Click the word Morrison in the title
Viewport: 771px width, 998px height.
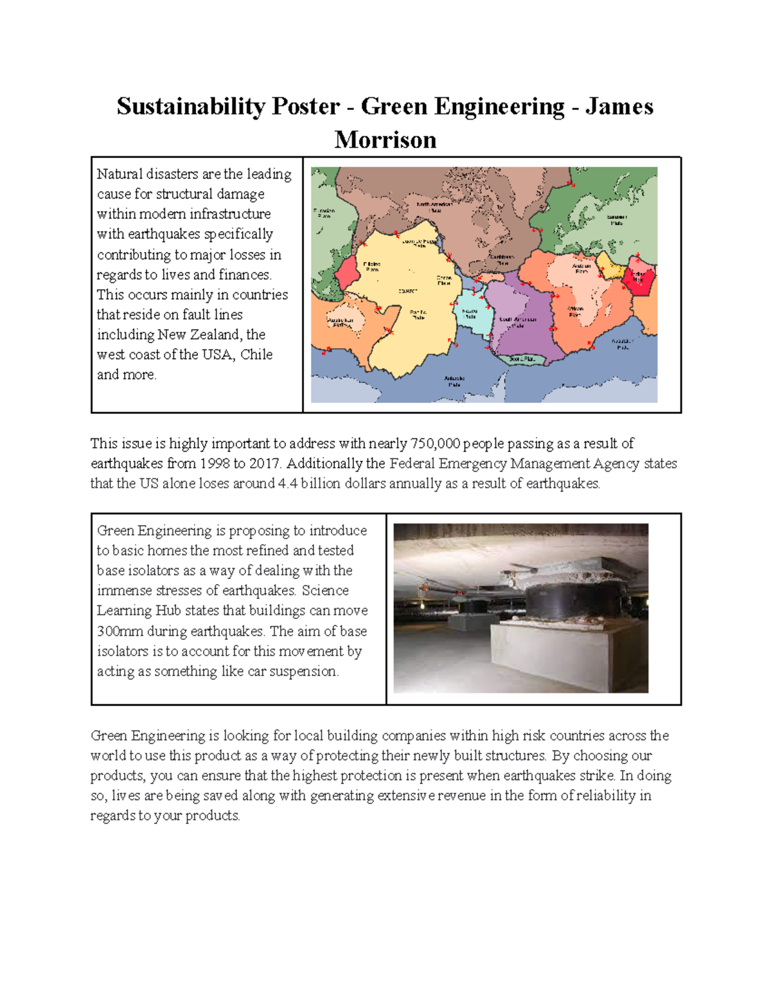[385, 139]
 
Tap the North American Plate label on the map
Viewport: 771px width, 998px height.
[434, 207]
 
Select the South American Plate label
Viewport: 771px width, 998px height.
[518, 322]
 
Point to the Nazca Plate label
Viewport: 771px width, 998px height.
[470, 314]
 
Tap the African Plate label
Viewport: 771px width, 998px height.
[575, 312]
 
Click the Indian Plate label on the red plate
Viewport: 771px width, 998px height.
[637, 277]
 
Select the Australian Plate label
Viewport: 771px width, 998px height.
[340, 322]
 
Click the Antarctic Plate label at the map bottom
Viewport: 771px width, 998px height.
[454, 381]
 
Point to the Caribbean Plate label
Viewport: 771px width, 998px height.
[502, 260]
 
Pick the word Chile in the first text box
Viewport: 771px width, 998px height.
[256, 355]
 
